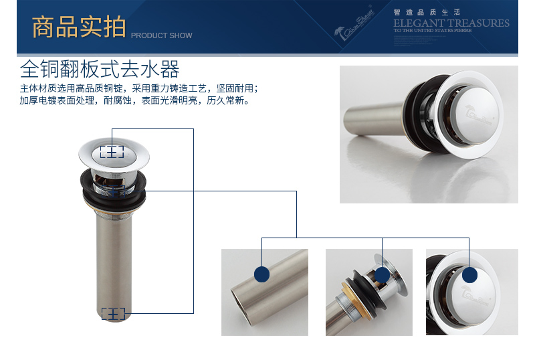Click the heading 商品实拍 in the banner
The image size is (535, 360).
[78, 27]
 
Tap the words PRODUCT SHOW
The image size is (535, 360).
[161, 35]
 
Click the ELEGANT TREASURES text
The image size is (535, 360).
[451, 23]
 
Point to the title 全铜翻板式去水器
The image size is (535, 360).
[100, 70]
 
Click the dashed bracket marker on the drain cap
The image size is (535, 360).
[112, 153]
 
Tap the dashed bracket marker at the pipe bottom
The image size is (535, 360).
[112, 313]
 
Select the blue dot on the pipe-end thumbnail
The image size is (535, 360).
[261, 274]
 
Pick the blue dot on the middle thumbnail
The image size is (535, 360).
[382, 274]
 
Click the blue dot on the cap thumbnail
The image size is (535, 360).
[470, 274]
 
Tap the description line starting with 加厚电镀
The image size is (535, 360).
[134, 101]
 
